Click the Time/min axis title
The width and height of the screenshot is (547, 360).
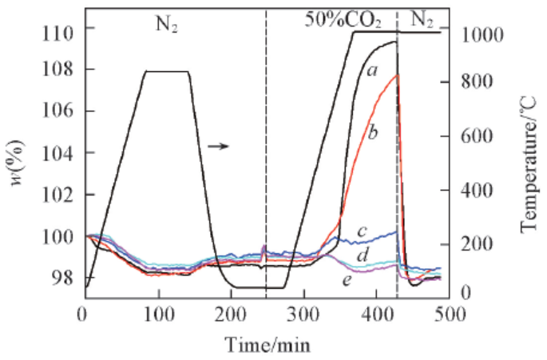click(266, 345)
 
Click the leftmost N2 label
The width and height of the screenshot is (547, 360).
click(165, 20)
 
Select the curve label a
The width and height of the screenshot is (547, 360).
click(371, 70)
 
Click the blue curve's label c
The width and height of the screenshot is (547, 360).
click(361, 231)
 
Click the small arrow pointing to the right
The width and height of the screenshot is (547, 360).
click(218, 146)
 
